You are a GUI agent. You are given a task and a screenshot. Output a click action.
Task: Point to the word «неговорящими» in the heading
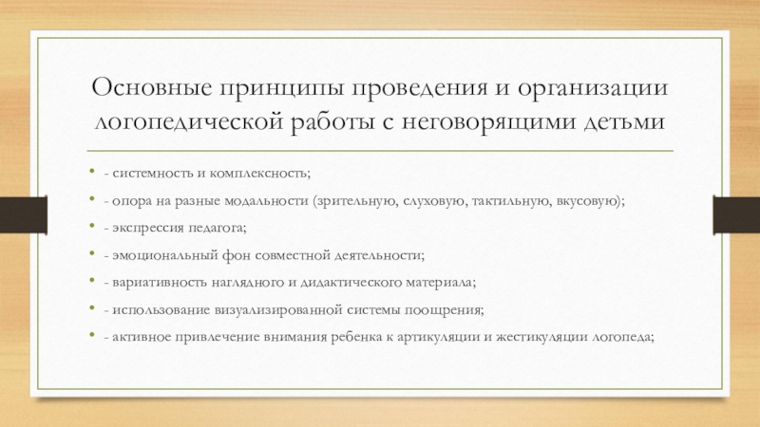(x=495, y=123)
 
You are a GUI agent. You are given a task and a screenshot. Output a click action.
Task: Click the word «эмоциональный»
(x=158, y=255)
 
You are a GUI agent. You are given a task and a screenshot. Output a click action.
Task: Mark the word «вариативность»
(x=157, y=282)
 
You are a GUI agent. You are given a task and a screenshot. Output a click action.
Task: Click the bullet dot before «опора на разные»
(x=91, y=202)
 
